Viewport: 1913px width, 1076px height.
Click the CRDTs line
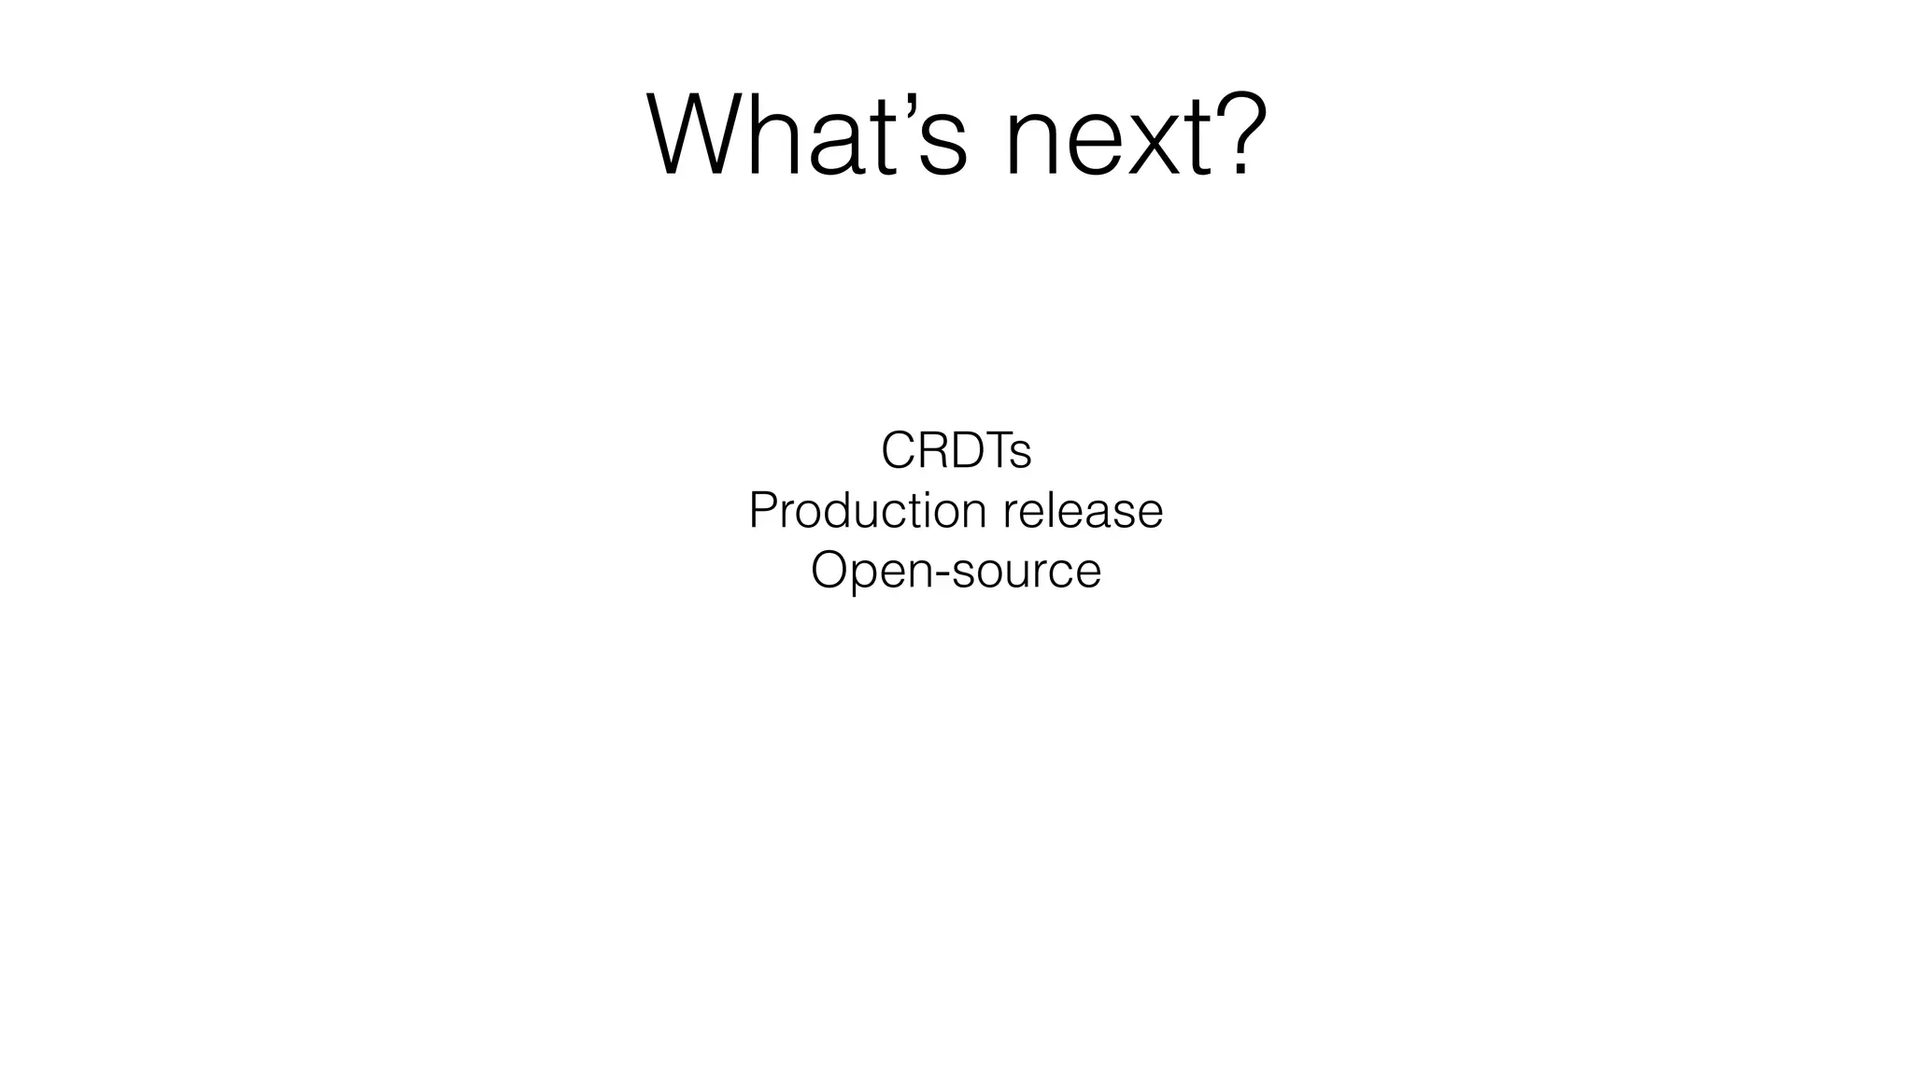coord(956,451)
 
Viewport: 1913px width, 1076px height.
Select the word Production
coord(868,511)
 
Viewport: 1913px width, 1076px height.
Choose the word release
coord(1083,511)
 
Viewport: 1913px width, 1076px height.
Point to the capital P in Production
coord(763,511)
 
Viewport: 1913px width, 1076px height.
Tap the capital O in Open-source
coord(829,570)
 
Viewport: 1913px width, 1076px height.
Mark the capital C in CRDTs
coord(900,451)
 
